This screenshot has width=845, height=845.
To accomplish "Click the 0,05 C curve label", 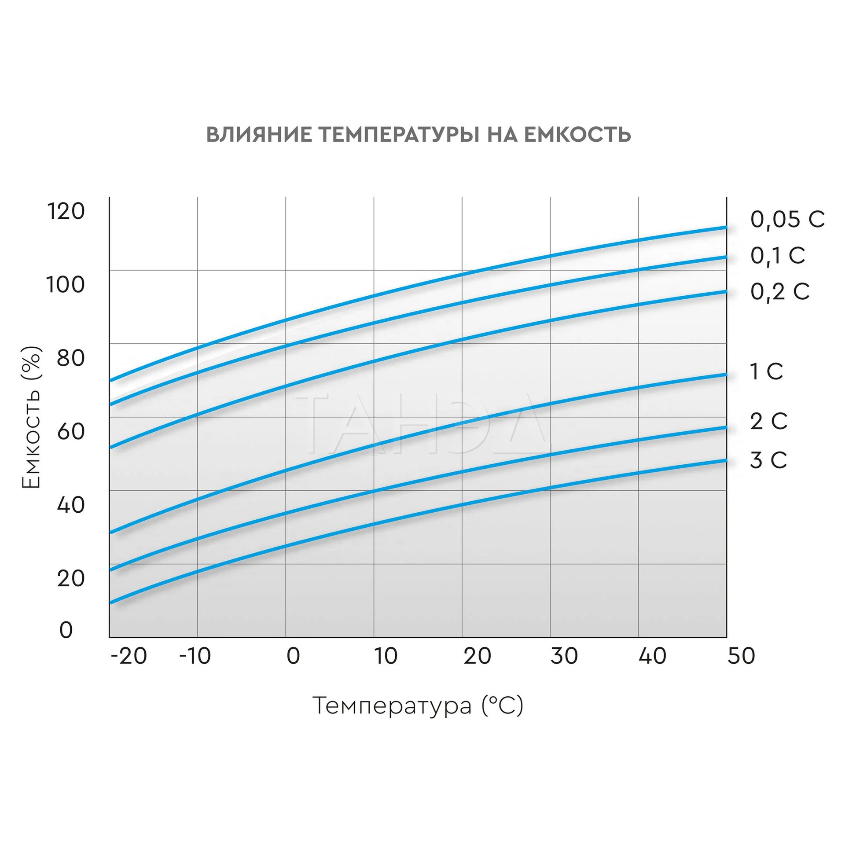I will point(787,219).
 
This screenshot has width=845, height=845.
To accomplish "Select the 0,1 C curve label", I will point(778,256).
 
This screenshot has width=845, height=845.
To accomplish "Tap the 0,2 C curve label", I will point(780,292).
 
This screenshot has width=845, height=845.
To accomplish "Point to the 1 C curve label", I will point(767,372).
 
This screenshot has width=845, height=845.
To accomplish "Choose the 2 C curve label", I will point(768,421).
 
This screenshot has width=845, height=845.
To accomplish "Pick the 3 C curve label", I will point(768,460).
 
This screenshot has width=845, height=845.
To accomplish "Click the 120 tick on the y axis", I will point(66,211).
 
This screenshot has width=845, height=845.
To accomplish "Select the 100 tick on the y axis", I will point(65,284).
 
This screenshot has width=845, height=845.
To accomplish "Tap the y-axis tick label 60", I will point(70,431).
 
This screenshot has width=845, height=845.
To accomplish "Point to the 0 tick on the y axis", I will point(66,630).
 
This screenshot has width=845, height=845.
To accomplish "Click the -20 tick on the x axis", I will point(129,656).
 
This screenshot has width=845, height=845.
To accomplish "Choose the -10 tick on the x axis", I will point(195,656).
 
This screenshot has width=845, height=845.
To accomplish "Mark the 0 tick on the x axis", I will point(293,656).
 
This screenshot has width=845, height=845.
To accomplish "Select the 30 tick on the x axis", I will point(564,656).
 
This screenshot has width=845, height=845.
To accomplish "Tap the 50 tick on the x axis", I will point(741,656).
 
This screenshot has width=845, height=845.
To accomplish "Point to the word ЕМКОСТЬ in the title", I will point(577,134).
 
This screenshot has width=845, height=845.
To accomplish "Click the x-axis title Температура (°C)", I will point(418,706).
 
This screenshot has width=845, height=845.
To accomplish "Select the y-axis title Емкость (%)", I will point(32,417).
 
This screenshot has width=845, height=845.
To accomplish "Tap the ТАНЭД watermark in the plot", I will point(422,425).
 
